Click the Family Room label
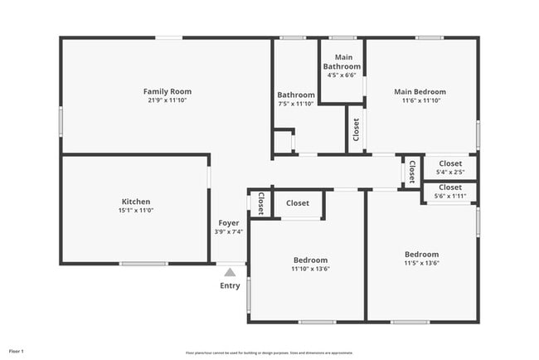point(168,91)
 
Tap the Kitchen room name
point(136,202)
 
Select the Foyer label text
point(229,223)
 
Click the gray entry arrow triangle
point(230,271)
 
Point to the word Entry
point(230,286)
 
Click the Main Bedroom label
point(420,92)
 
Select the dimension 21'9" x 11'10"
point(168,100)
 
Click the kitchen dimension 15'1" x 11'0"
point(136,211)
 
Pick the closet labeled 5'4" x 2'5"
point(450,173)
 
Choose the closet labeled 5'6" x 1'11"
point(450,197)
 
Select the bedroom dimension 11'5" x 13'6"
point(421,263)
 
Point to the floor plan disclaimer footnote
point(269,352)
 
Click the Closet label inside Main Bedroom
point(356,129)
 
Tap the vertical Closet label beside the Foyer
point(260,203)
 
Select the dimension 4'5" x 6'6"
point(342,75)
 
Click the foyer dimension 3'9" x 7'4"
point(229,232)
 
